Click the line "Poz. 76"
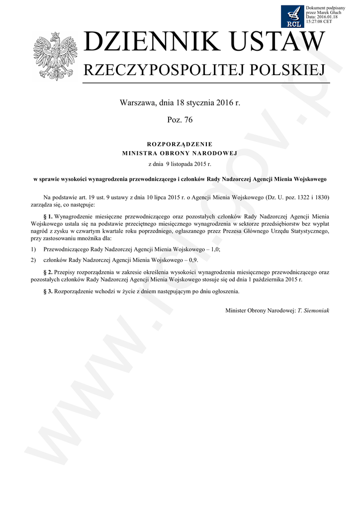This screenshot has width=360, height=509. coord(180,120)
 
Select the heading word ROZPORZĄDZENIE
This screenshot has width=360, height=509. coord(180,144)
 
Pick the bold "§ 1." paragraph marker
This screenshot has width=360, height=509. coord(48,217)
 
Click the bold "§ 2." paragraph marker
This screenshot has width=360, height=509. coord(48,272)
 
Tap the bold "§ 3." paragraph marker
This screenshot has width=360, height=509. coord(48,291)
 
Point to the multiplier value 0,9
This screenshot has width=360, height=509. coord(194,259)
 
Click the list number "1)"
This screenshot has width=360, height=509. coord(33,249)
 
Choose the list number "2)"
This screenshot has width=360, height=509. coord(33,259)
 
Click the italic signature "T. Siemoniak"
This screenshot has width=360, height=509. coord(313,310)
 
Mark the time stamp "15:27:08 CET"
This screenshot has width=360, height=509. coord(319,22)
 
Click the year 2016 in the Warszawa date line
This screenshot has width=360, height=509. coord(225,103)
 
